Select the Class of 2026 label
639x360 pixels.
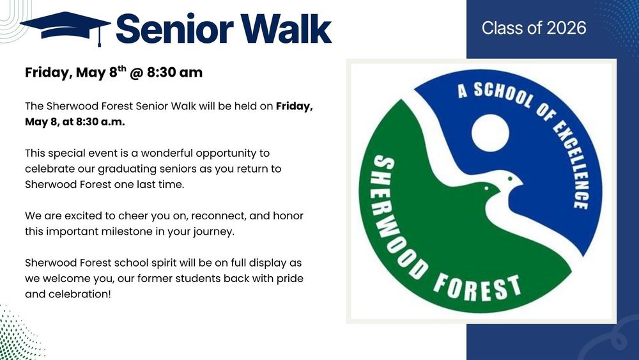tap(534, 28)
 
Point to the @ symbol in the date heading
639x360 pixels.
tap(135, 73)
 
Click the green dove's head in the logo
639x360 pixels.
tap(488, 188)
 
